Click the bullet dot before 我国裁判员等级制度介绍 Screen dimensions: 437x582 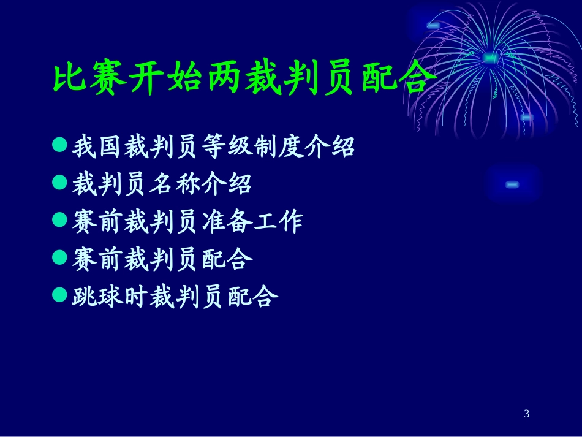point(59,145)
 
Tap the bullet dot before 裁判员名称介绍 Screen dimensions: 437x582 point(59,183)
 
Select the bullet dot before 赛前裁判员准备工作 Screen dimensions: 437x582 point(59,220)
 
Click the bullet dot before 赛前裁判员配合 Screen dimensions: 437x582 point(59,257)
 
